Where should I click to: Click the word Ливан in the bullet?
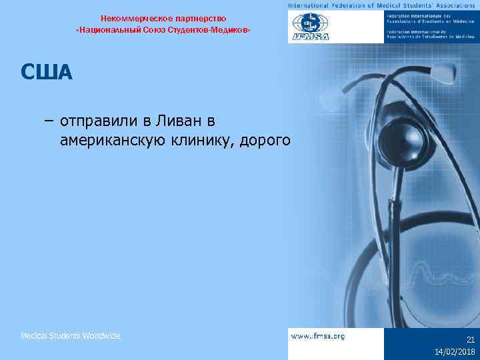[x=178, y=121]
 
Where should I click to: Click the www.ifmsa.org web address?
[x=318, y=336]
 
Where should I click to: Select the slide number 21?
[x=470, y=339]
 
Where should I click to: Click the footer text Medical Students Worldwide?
[x=71, y=336]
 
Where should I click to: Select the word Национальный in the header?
[x=107, y=31]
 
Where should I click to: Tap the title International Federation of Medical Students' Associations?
[x=383, y=5]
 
